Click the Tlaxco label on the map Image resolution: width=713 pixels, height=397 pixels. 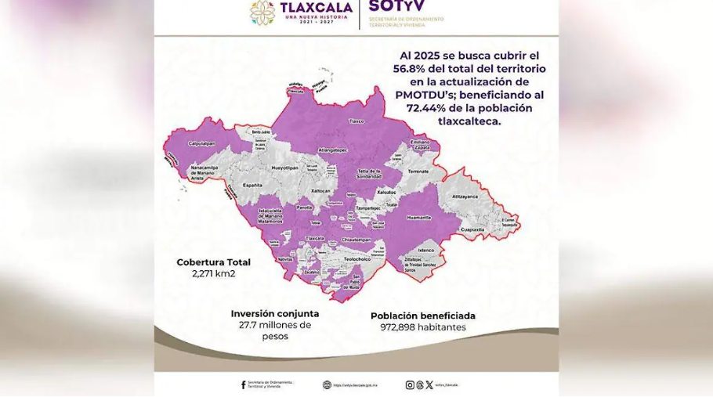pyautogui.click(x=357, y=121)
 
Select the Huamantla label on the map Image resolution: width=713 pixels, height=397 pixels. pyautogui.click(x=419, y=218)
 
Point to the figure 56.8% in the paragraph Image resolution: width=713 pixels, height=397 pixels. pyautogui.click(x=410, y=69)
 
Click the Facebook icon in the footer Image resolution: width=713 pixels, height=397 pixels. pyautogui.click(x=243, y=384)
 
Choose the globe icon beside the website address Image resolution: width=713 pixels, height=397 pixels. pyautogui.click(x=326, y=384)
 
